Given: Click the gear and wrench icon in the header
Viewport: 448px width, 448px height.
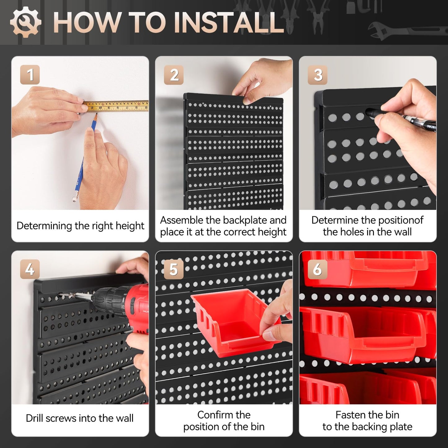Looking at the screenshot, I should (x=25, y=22).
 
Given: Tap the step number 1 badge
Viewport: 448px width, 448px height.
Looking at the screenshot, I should (x=30, y=75).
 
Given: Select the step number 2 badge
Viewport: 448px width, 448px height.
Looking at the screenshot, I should (x=174, y=75).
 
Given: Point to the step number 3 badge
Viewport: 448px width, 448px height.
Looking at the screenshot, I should (x=317, y=75).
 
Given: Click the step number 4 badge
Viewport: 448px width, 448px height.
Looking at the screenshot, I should (x=30, y=269).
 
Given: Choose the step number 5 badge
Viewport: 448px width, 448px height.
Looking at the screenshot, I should (x=174, y=269).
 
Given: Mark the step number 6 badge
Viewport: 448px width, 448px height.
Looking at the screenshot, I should (x=317, y=269).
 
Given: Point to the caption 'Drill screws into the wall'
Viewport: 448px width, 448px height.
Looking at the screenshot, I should (x=80, y=418).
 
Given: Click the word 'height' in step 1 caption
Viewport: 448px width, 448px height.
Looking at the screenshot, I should (x=130, y=226).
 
